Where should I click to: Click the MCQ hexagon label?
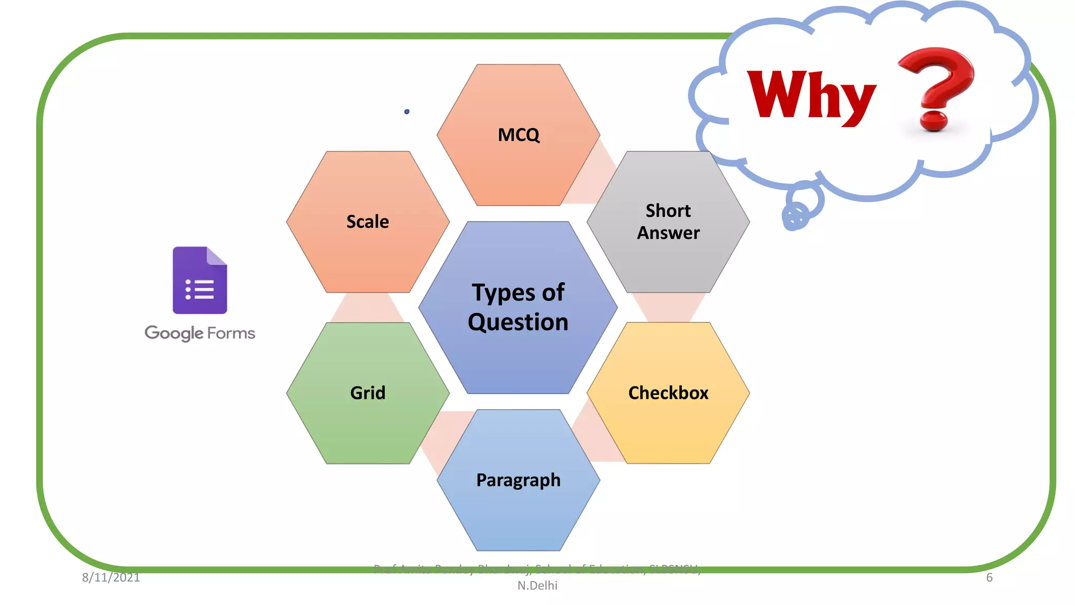tap(519, 135)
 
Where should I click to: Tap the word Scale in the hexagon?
tap(367, 222)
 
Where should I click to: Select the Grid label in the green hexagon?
tap(367, 393)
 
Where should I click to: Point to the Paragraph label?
tap(518, 480)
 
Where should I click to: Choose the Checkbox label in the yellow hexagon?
tap(668, 393)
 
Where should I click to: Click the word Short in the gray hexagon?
tap(668, 211)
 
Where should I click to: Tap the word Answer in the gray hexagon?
tap(668, 233)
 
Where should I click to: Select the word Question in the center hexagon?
tap(518, 322)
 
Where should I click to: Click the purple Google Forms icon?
tap(200, 280)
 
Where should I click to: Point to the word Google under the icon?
tap(174, 333)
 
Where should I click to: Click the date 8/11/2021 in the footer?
tap(111, 578)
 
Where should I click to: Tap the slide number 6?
tap(989, 578)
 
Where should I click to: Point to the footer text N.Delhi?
tap(537, 586)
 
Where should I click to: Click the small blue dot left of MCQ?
tap(407, 112)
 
